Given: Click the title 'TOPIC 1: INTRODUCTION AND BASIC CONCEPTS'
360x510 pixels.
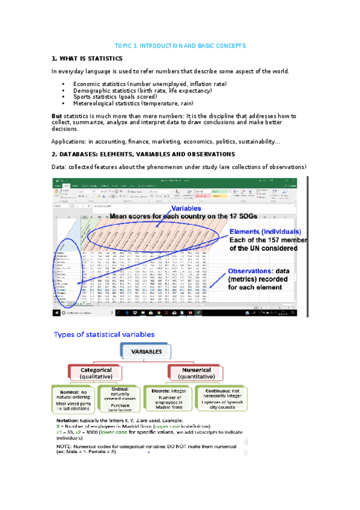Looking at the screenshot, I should pyautogui.click(x=180, y=46).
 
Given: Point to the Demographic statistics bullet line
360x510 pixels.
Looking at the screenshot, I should pyautogui.click(x=142, y=90).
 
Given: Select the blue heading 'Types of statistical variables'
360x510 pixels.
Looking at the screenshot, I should pyautogui.click(x=105, y=334).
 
